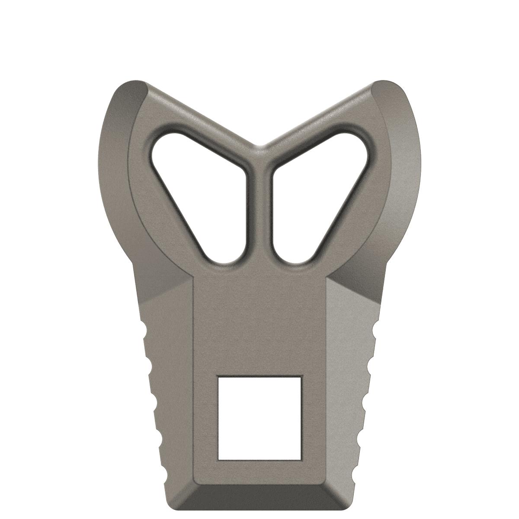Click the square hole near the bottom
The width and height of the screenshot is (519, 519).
[259, 418]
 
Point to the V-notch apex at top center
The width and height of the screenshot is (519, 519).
[259, 147]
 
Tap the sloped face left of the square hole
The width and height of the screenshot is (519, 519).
[171, 389]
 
